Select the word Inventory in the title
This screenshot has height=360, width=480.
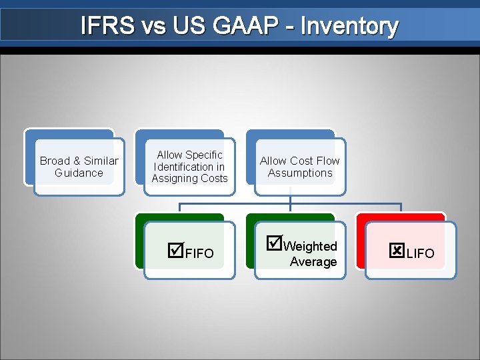(x=349, y=26)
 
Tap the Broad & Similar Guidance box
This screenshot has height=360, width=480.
(x=79, y=167)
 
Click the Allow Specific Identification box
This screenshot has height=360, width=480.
(x=189, y=167)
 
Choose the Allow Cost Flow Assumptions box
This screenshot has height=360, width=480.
(x=300, y=167)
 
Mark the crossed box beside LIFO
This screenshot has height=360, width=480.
(x=397, y=251)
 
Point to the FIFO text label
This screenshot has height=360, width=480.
(x=199, y=253)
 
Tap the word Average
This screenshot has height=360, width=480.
(x=313, y=262)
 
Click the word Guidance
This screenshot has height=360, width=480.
(x=79, y=173)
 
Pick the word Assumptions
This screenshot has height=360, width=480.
(x=300, y=173)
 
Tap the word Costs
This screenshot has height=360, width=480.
(x=214, y=179)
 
